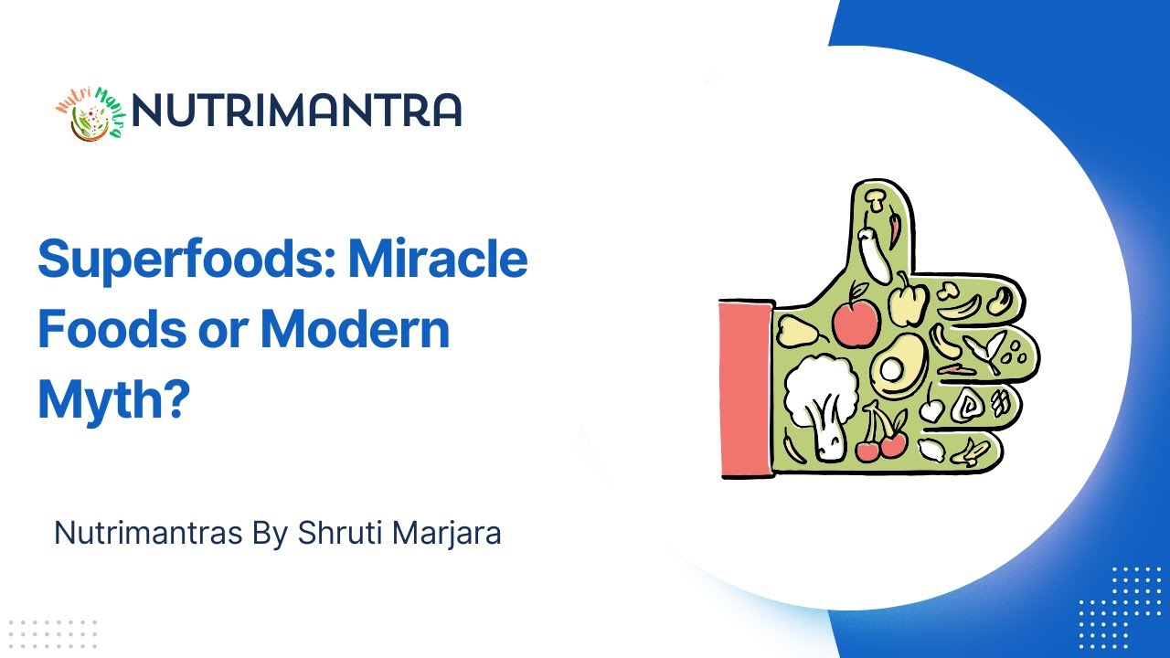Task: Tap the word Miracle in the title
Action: (438, 260)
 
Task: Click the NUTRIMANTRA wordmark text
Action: (296, 111)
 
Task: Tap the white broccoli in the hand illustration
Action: (821, 403)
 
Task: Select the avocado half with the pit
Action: (898, 366)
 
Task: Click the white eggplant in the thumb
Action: (872, 251)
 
